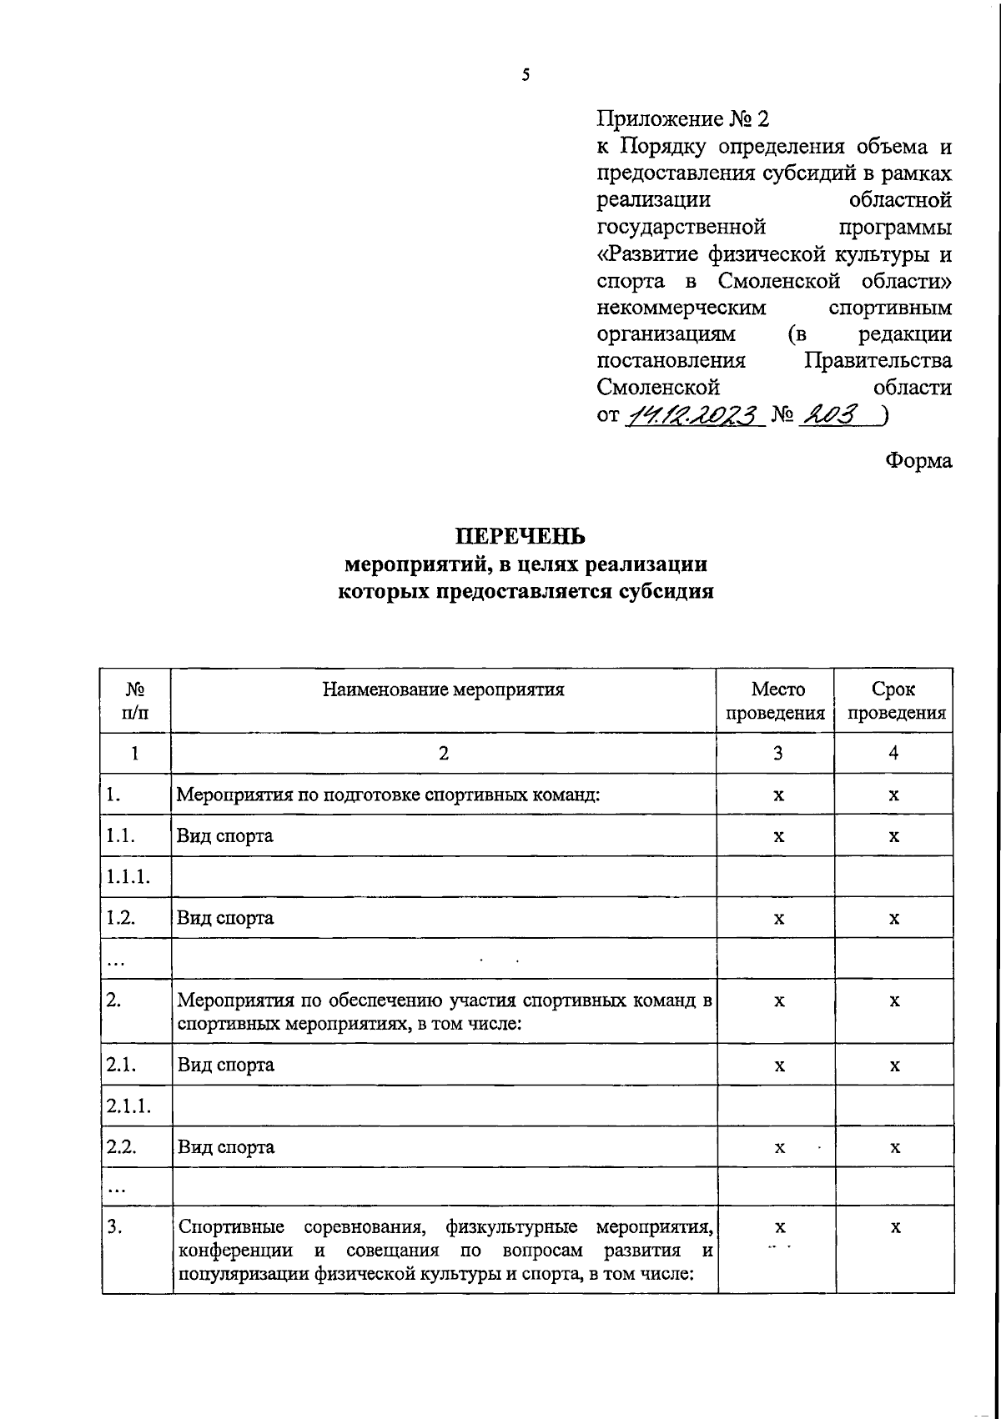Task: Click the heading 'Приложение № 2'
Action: pos(682,119)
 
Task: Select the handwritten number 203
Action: pos(828,414)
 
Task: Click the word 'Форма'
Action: pos(918,460)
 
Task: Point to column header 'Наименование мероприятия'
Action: pos(443,689)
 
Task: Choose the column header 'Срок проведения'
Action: pos(893,701)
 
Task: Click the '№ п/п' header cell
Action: pos(135,701)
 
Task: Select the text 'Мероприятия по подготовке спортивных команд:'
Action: pos(389,795)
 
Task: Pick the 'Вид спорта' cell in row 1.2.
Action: pos(225,918)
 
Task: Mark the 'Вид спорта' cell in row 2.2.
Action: pos(226,1147)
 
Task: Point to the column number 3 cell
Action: pos(777,754)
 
